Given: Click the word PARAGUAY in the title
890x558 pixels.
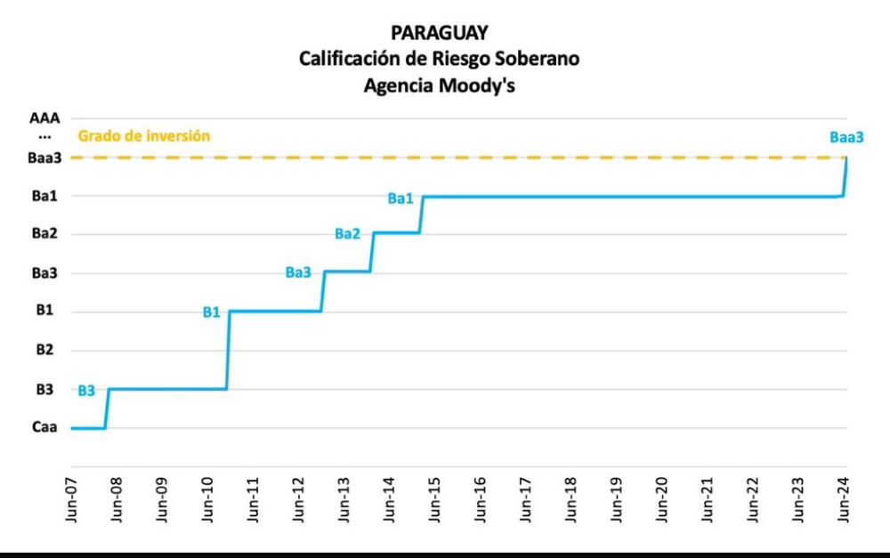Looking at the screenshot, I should (x=440, y=33).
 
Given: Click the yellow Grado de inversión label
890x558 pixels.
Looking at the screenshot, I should (x=144, y=137).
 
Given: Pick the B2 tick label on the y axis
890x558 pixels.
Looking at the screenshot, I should (x=44, y=351).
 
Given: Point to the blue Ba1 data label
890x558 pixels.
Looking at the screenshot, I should (x=400, y=198).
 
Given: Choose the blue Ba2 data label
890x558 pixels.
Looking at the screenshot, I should (x=347, y=234).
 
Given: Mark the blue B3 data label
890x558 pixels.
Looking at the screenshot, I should (x=86, y=391).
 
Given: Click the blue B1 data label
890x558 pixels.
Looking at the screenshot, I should (x=211, y=312).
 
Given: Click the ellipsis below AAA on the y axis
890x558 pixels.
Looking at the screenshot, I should (x=44, y=137).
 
